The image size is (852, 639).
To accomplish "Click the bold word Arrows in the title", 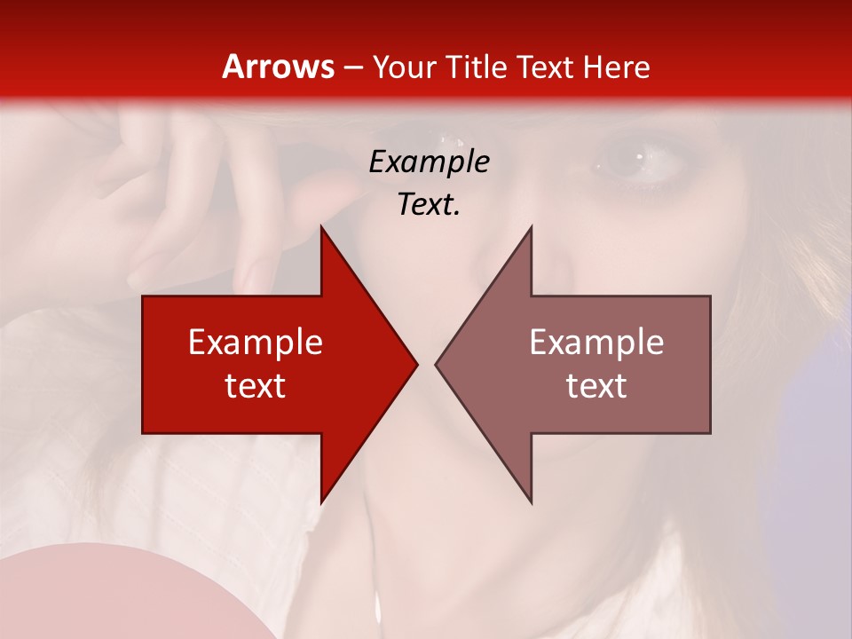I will pyautogui.click(x=278, y=67).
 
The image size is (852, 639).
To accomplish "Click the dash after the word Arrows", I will pyautogui.click(x=352, y=67).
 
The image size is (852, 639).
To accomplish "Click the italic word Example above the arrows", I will pyautogui.click(x=429, y=162).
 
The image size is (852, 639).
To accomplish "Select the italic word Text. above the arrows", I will pyautogui.click(x=429, y=204).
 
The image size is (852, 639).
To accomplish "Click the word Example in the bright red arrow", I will pyautogui.click(x=255, y=343).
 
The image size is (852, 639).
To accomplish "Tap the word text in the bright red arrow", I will pyautogui.click(x=255, y=386).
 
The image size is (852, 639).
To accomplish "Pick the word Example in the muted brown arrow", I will pyautogui.click(x=596, y=343).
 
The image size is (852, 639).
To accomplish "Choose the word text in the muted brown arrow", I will pyautogui.click(x=596, y=386).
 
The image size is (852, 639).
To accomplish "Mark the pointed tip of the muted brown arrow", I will pyautogui.click(x=438, y=364).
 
